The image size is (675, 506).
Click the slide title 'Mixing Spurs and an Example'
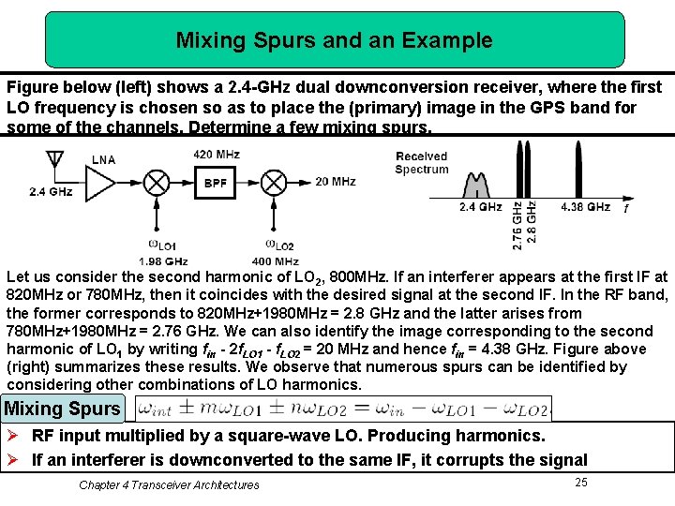coord(334,40)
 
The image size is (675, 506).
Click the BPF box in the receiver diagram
coord(216,183)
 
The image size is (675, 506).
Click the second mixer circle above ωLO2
coord(273,182)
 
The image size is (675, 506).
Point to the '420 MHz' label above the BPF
coord(217,155)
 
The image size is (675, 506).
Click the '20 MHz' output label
coord(336,182)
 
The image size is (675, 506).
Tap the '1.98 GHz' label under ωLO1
coord(163,260)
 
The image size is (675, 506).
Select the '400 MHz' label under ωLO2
coord(275,260)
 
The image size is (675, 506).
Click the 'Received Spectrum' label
coord(422,163)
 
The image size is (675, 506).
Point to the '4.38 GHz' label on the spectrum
coord(585,207)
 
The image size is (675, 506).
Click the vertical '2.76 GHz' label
coord(518,225)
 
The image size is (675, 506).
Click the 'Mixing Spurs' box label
coord(62,409)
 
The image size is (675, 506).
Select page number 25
coord(580,482)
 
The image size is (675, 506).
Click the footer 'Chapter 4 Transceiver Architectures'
coord(169,484)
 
